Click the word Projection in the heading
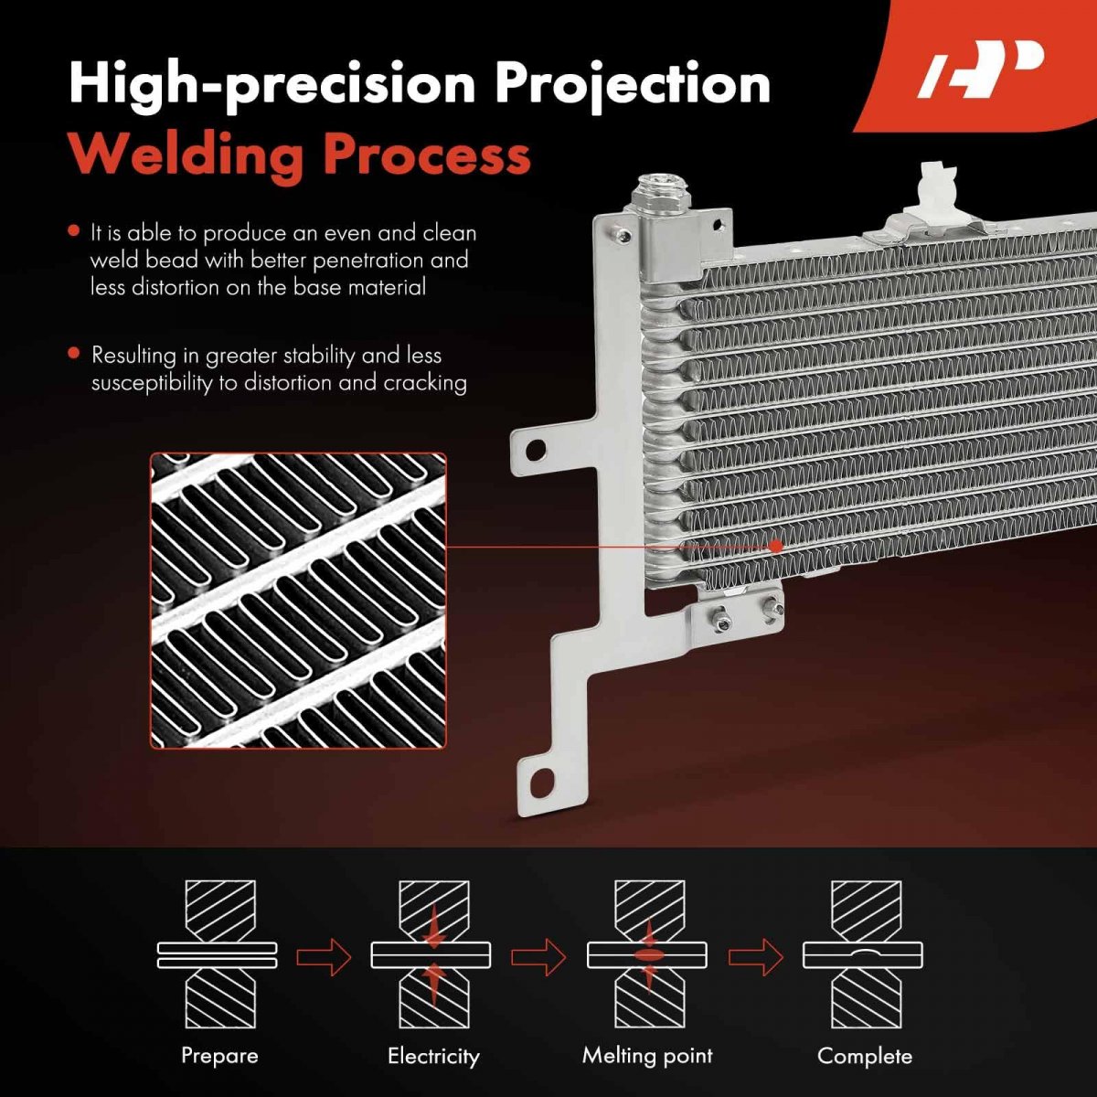(x=632, y=85)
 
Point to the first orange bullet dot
(x=73, y=231)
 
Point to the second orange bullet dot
(x=73, y=353)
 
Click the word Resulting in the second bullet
(x=133, y=357)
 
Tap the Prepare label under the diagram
(x=219, y=1056)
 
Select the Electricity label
(x=434, y=1056)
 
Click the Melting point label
(x=647, y=1056)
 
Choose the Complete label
(x=865, y=1056)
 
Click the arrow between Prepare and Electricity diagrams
(x=325, y=956)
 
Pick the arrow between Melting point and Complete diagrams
(x=756, y=956)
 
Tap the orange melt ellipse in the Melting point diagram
(x=648, y=955)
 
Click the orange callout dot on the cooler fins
(x=775, y=546)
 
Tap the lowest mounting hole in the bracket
(x=541, y=783)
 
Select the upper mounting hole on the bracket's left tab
(x=535, y=451)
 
